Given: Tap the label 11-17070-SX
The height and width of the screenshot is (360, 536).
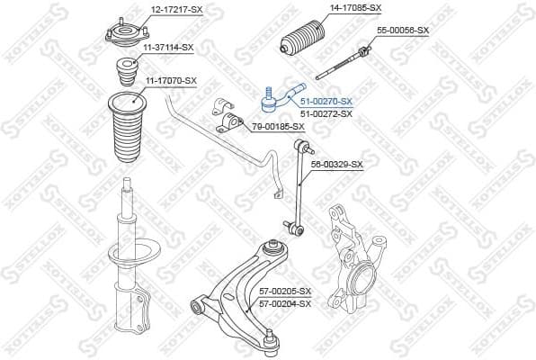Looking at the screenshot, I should tap(170, 81).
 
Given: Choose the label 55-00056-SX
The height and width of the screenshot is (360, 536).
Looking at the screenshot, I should tap(403, 30).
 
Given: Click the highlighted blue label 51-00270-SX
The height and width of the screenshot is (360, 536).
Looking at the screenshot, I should tap(326, 102).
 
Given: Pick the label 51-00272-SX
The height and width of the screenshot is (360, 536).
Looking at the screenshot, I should tap(326, 113).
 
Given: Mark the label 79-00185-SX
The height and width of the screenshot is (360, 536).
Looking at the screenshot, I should tap(278, 126).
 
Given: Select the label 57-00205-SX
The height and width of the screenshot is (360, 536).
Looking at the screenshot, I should tap(284, 292).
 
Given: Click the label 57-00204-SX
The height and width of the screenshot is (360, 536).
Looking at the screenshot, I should tap(284, 303).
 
